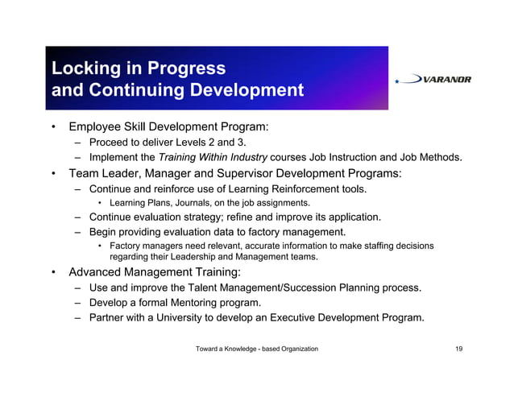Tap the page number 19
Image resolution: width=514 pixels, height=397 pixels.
tap(458, 349)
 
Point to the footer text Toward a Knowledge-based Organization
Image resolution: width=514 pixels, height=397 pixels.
tap(257, 349)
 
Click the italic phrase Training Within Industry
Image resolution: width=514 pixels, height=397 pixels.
tap(213, 158)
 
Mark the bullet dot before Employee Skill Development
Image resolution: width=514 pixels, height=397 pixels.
tap(52, 127)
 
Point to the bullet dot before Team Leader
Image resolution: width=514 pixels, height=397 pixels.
tap(52, 173)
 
